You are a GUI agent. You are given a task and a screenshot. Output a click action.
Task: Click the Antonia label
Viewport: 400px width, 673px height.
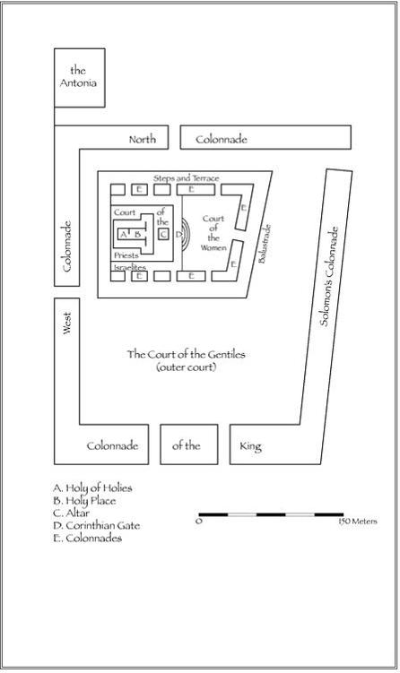tap(78, 76)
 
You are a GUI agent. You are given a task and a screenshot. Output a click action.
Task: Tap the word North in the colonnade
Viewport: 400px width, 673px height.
tap(143, 139)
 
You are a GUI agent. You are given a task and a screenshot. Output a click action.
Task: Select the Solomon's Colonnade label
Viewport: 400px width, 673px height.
tap(328, 276)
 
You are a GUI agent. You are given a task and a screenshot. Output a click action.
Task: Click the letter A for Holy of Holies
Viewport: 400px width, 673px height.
tap(123, 235)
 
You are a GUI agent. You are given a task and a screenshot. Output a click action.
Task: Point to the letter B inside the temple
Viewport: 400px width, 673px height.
tap(137, 235)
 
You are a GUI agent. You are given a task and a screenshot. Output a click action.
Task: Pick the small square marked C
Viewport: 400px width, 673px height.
tap(163, 235)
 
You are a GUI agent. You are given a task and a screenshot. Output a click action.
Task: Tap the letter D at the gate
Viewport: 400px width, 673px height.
tap(179, 235)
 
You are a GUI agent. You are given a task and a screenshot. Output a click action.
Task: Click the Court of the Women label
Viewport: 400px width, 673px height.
tap(213, 233)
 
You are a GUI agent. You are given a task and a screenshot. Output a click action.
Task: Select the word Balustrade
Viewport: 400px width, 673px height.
tap(265, 244)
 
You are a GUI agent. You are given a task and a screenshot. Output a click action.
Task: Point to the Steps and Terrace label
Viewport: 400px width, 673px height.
tap(186, 178)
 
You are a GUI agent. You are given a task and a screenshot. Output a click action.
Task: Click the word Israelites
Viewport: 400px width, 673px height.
tap(130, 267)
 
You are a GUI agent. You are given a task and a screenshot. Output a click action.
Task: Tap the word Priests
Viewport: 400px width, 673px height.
tap(126, 255)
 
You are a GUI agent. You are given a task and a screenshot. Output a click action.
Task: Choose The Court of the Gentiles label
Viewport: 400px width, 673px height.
tap(186, 360)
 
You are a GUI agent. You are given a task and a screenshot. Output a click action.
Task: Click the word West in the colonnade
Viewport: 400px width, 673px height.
tap(66, 323)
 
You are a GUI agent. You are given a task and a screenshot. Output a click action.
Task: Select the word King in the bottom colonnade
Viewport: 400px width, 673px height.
tap(250, 446)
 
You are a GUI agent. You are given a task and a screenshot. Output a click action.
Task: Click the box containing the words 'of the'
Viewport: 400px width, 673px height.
tap(189, 444)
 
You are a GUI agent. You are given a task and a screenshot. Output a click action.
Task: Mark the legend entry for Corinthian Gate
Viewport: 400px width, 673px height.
tap(97, 525)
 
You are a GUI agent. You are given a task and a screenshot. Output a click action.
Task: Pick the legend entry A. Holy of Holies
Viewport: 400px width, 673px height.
tap(92, 488)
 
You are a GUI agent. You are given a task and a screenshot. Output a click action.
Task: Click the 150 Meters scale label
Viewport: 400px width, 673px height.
tap(358, 522)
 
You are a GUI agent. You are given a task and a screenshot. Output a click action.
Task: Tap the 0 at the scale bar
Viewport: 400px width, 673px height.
tap(199, 522)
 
